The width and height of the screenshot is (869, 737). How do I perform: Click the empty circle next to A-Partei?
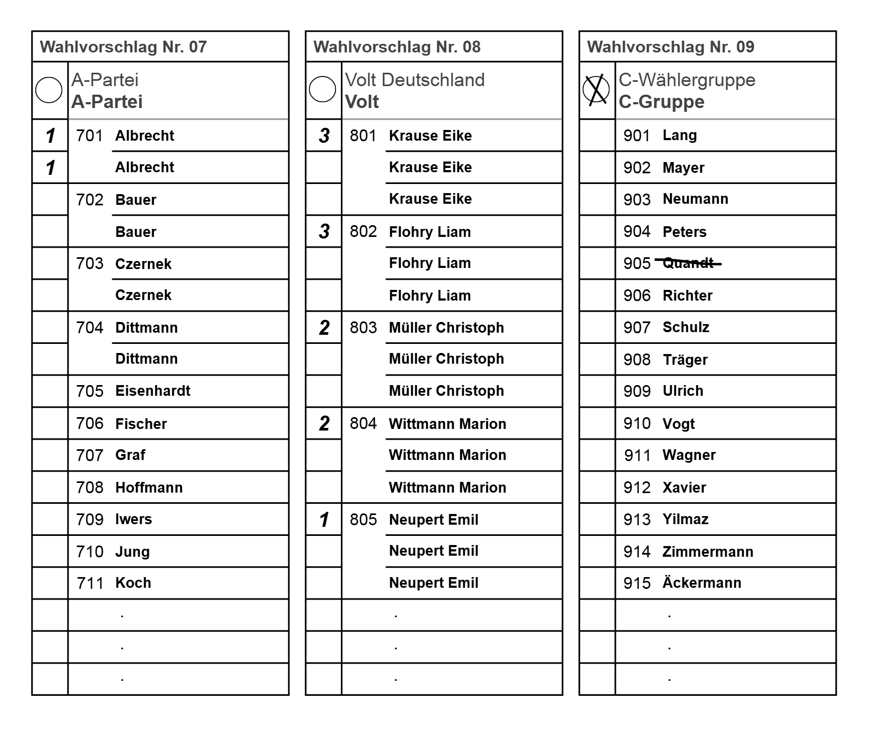point(49,90)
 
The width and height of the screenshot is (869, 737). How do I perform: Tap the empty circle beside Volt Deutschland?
point(323,90)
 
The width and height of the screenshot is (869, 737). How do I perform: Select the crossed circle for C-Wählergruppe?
point(596,90)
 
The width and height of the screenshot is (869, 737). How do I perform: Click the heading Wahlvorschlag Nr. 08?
point(397,47)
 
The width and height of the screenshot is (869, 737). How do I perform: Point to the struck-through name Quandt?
point(688,263)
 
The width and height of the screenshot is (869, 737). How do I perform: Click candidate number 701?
point(89,136)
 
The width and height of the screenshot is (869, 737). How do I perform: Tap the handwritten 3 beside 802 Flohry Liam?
point(324,232)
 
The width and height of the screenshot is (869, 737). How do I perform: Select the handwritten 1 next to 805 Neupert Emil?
point(324,519)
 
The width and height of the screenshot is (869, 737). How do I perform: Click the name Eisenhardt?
point(153,391)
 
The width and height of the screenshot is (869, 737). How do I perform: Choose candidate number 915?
point(637,583)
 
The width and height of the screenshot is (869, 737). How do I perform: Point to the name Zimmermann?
point(707,551)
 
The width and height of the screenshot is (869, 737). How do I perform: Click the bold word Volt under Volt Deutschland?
point(362,102)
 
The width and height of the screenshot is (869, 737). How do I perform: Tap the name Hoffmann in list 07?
point(149,487)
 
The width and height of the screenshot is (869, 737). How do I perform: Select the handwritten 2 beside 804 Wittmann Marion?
point(324,424)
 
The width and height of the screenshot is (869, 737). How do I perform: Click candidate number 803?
point(363,327)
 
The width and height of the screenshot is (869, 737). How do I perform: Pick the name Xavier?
point(684,487)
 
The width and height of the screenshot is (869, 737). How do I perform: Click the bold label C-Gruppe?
point(661,102)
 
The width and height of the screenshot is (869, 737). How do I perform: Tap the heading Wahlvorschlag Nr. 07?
point(123,47)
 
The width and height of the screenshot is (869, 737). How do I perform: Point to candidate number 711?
point(90,583)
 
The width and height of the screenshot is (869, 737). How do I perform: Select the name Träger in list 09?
point(685,359)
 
